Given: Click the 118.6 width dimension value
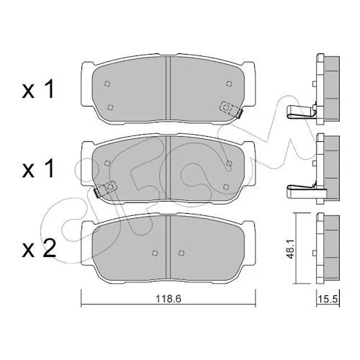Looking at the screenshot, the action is [168, 299].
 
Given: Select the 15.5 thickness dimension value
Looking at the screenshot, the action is [328, 299].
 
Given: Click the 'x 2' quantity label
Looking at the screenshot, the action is [39, 248].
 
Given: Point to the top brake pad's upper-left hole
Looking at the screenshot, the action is [107, 84].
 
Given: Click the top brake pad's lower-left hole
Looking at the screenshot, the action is [110, 107].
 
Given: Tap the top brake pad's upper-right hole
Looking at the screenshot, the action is [229, 84].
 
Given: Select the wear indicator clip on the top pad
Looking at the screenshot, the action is [231, 109].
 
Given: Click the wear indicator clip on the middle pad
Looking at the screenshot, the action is [104, 189].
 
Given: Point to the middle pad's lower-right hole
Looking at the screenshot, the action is [225, 186].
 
